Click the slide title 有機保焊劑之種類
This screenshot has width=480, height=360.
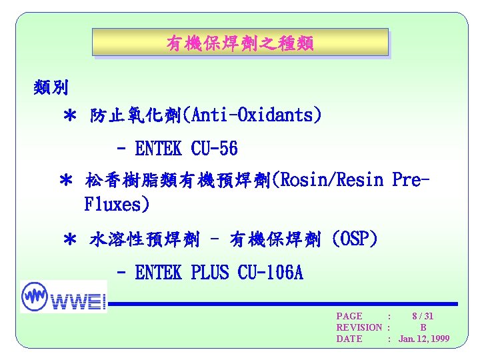click(239, 44)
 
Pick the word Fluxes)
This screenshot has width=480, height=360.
click(117, 203)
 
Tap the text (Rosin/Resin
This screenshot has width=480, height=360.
click(329, 180)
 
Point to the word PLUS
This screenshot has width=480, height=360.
click(209, 273)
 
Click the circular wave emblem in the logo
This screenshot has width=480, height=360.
click(35, 295)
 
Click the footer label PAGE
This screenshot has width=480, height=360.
click(350, 316)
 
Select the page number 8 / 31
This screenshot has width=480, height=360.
click(423, 316)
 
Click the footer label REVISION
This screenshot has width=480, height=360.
click(359, 327)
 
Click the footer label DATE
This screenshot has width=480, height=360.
click(349, 339)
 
